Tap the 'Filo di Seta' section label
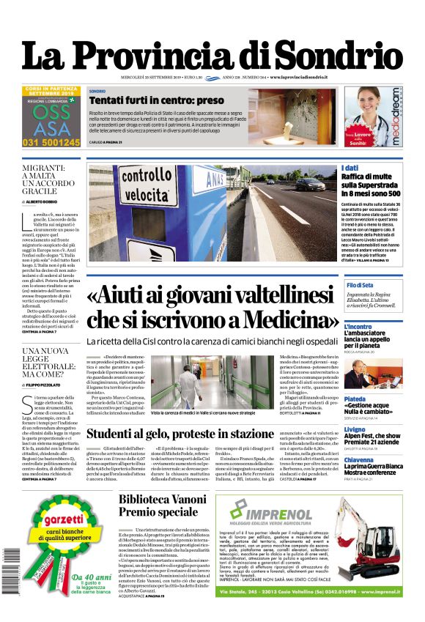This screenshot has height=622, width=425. coord(360,284)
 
